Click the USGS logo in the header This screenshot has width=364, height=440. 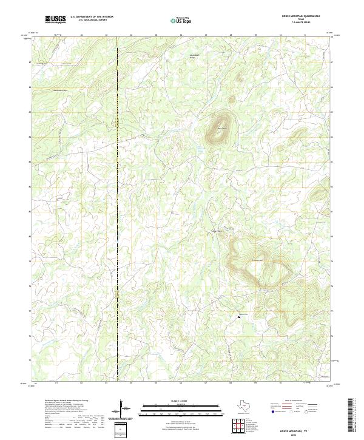coord(56,19)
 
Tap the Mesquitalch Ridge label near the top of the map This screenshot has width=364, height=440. coord(195,56)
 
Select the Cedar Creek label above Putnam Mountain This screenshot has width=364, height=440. coord(217,231)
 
